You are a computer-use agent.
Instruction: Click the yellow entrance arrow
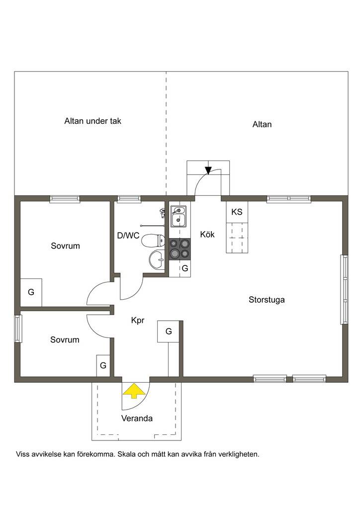pos(134,391)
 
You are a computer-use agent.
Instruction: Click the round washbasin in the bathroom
pos(157,259)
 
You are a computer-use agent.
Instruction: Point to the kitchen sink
pos(178,216)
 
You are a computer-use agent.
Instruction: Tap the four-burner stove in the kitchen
pos(180,249)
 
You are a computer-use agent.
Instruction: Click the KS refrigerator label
pos(237,212)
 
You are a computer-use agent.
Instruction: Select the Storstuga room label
pos(267,300)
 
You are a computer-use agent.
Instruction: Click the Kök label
pos(207,235)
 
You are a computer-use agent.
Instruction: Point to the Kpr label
pos(137,321)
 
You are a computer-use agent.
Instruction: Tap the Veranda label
pos(137,418)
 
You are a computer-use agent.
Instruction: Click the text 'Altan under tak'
pos(92,121)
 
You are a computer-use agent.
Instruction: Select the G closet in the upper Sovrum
pos(31,292)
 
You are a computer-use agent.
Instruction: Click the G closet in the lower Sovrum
pos(103,365)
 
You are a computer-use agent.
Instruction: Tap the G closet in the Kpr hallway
pos(169,332)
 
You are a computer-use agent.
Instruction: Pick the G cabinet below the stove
pos(184,268)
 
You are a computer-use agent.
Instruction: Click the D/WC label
pos(128,236)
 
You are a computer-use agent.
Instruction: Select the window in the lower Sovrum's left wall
pos(18,329)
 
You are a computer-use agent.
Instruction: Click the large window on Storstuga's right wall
pos(344,290)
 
